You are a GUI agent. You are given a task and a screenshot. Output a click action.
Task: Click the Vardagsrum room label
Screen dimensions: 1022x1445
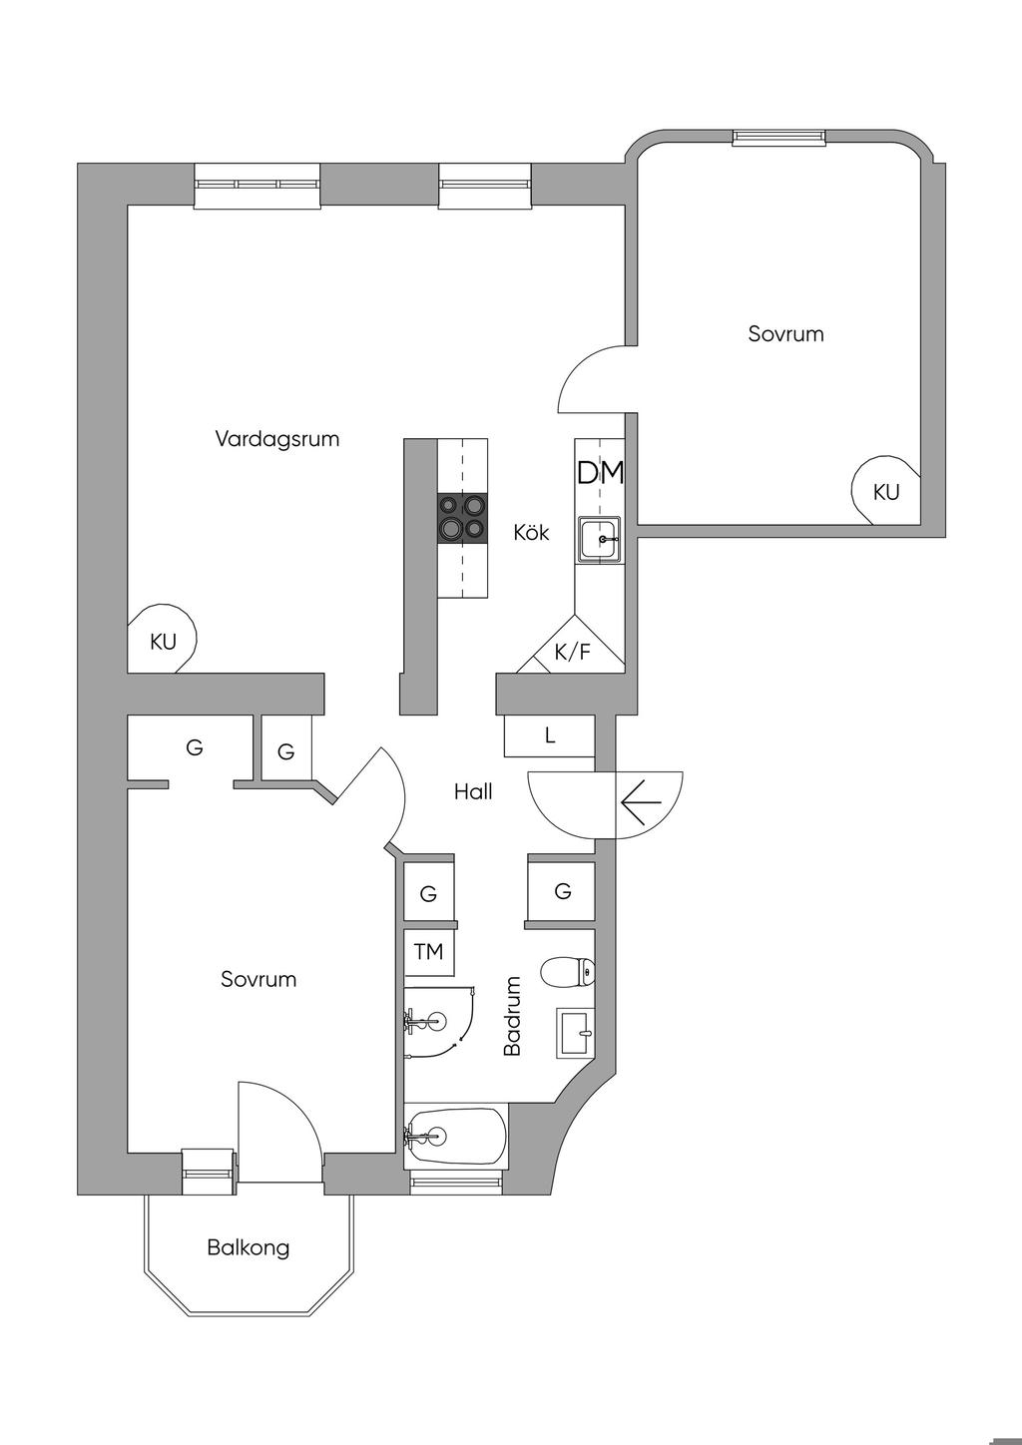pos(276,439)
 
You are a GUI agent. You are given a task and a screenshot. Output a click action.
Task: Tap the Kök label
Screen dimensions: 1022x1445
pos(531,532)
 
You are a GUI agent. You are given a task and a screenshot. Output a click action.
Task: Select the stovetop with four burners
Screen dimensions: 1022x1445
pos(462,517)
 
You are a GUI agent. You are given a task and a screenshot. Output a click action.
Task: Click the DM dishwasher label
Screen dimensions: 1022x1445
pos(600,473)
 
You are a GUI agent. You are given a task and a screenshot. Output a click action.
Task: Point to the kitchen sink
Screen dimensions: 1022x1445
pos(600,539)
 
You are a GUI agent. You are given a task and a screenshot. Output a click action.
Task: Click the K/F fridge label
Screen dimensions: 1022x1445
pos(572,653)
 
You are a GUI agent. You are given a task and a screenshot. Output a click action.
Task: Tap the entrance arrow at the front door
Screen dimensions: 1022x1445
pos(642,802)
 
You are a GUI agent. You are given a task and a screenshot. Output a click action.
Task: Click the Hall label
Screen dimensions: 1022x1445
pos(473,791)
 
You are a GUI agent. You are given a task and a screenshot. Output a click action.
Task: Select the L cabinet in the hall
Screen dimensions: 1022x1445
pos(548,735)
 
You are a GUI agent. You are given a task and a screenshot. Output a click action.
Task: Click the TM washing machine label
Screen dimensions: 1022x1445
pos(429,951)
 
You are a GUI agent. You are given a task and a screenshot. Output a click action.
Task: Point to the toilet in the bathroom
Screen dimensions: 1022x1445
pos(567,972)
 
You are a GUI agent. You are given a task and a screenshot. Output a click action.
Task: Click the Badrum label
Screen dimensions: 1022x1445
pos(512,1016)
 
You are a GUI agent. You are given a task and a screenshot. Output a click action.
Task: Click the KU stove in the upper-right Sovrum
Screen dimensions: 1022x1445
pos(885,491)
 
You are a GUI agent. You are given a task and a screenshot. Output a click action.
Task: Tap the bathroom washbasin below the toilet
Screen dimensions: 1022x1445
pos(576,1033)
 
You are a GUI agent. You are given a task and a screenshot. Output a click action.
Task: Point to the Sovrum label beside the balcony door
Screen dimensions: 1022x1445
pos(258,979)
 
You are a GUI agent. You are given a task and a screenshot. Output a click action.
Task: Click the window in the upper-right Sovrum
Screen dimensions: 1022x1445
pos(778,136)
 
